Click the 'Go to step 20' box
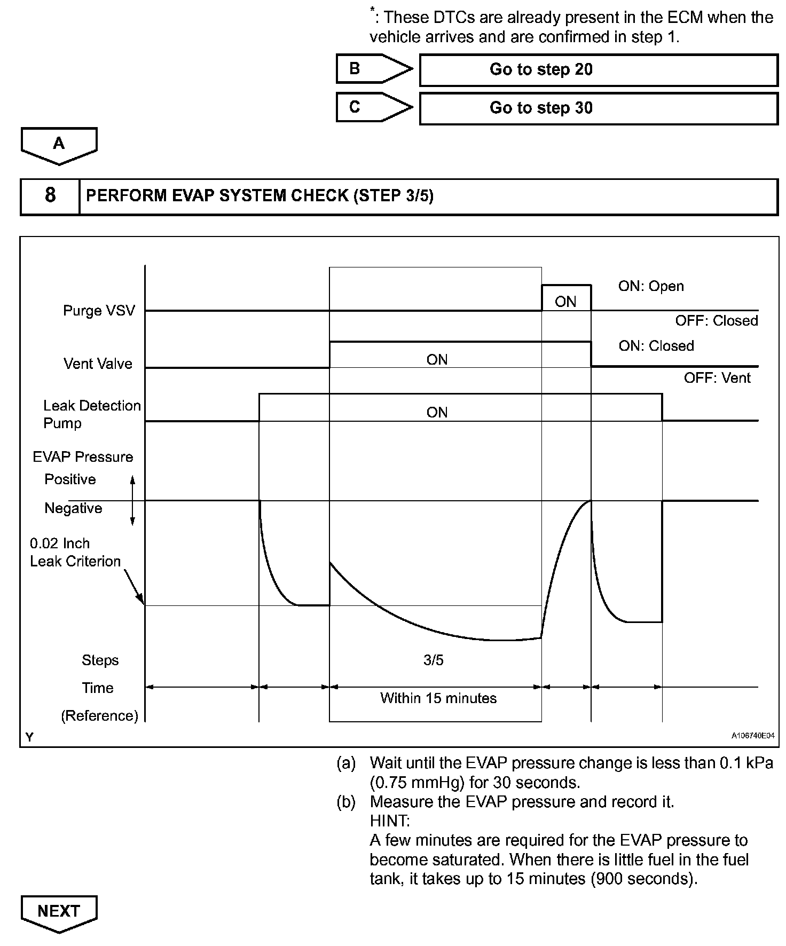click(598, 70)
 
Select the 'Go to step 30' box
click(598, 108)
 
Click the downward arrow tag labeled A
click(59, 145)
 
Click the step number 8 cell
click(50, 196)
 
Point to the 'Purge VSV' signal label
click(99, 311)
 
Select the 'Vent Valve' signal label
click(98, 364)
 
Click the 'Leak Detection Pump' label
click(92, 414)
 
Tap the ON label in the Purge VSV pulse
click(565, 302)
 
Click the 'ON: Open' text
click(651, 286)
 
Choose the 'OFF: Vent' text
click(717, 379)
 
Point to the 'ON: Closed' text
click(656, 346)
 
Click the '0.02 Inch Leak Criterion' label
click(75, 553)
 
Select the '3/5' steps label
click(434, 660)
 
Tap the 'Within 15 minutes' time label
click(438, 698)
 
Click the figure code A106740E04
click(753, 736)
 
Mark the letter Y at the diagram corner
click(29, 737)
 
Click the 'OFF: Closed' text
click(717, 321)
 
